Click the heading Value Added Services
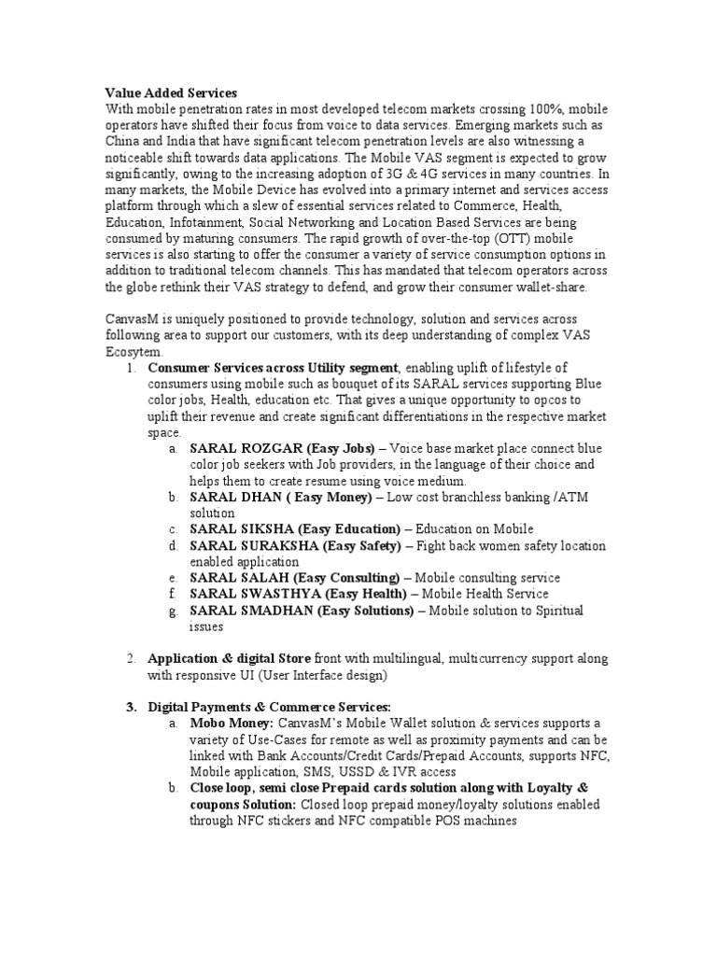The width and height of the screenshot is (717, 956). coord(171,92)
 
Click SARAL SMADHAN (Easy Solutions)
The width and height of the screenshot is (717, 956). coord(302,610)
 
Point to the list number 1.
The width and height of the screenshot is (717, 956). coord(131,368)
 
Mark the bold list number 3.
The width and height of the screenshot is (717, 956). coord(131,707)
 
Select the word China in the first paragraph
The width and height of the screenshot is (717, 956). coord(124,141)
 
